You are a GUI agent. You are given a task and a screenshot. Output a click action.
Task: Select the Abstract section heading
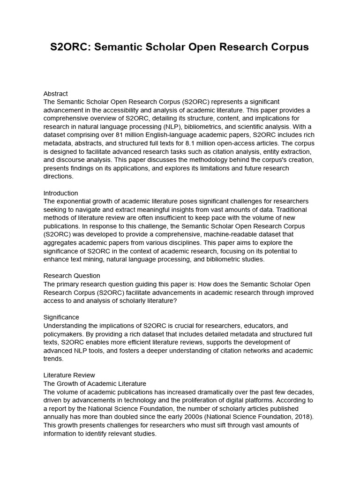point(55,93)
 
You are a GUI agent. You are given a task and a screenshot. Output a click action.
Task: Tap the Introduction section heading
point(60,193)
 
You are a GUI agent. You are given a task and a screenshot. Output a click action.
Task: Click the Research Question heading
point(72,276)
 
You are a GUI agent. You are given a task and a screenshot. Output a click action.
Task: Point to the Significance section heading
point(61,317)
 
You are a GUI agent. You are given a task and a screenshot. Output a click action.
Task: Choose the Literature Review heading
point(69,375)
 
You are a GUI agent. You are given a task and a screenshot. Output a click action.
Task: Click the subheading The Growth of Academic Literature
point(95,383)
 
